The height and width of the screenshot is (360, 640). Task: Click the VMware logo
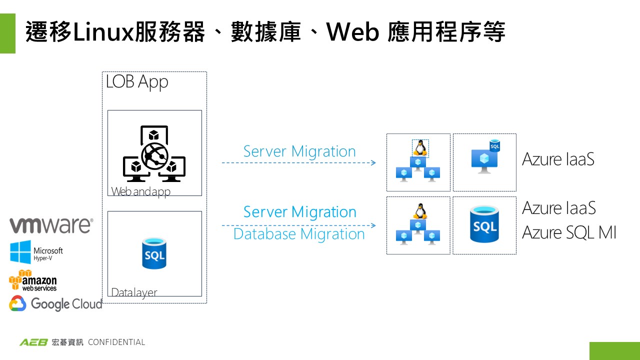click(51, 225)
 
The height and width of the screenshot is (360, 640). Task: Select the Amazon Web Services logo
click(33, 280)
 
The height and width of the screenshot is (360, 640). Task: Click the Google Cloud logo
click(55, 303)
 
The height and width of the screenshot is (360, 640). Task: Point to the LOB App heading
click(137, 82)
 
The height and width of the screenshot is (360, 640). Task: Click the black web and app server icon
click(154, 154)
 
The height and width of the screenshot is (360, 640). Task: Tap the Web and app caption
click(140, 191)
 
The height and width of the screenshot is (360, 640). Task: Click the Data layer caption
click(134, 292)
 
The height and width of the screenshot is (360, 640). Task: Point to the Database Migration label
click(299, 234)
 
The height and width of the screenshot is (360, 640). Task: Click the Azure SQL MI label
click(569, 232)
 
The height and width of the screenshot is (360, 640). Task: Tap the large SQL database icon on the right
click(484, 225)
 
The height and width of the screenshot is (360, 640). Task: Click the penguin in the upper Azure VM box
click(420, 148)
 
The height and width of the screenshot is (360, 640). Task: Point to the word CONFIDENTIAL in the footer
click(116, 342)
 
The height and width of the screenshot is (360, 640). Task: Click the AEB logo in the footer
click(33, 342)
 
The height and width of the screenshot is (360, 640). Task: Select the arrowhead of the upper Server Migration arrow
click(373, 163)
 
